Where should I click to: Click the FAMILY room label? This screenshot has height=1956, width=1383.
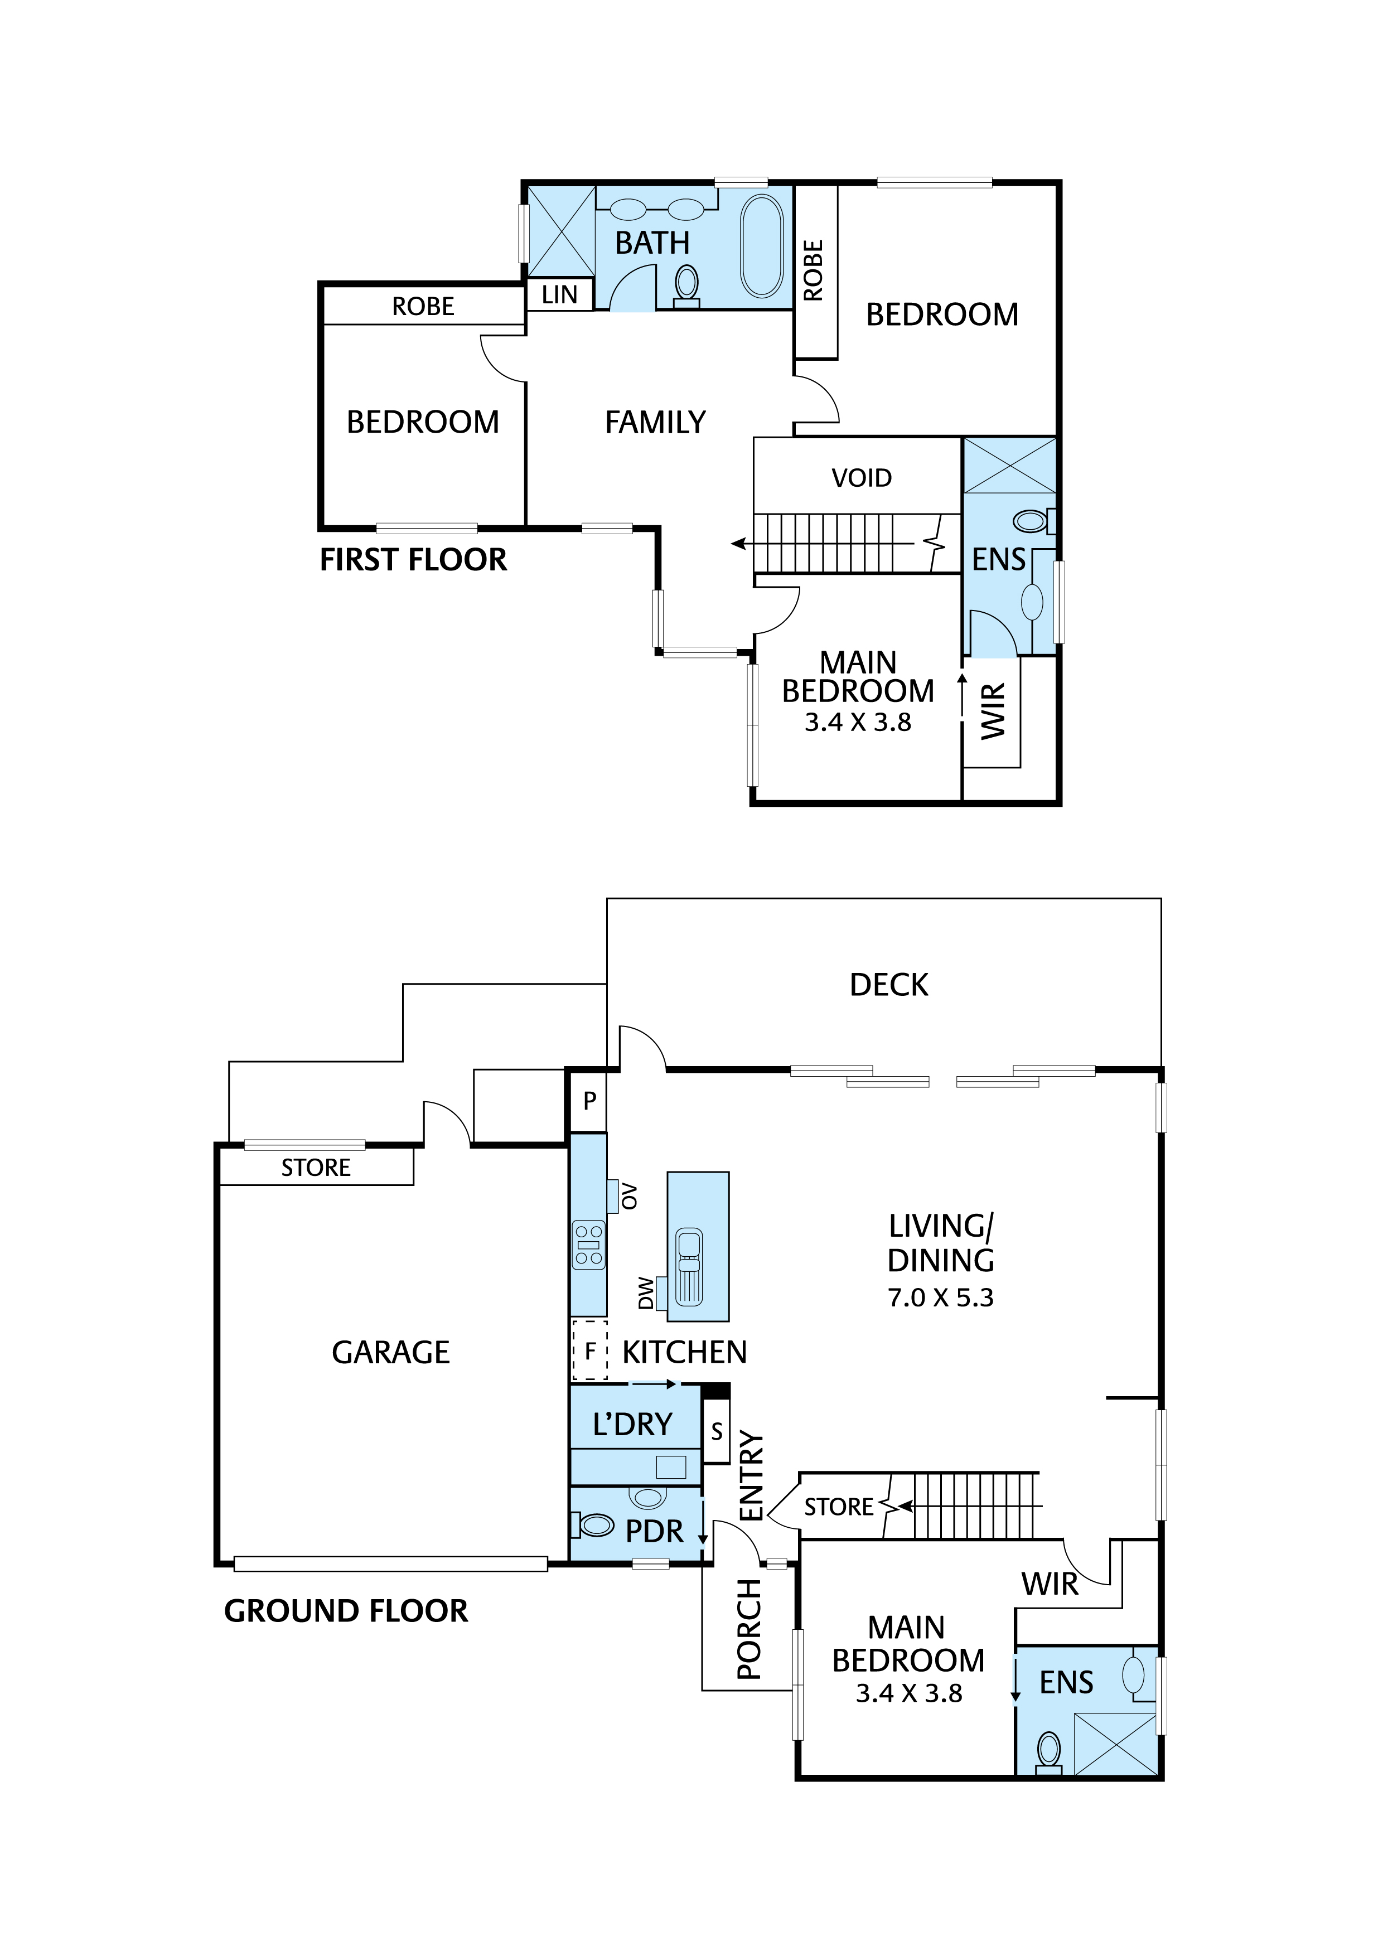(655, 423)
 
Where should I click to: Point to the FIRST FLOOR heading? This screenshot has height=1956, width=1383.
(413, 560)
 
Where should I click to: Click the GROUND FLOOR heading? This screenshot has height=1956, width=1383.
(345, 1611)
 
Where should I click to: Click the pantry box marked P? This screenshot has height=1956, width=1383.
(589, 1101)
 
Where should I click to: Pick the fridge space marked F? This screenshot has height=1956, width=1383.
(589, 1352)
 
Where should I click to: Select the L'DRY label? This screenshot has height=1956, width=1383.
(632, 1425)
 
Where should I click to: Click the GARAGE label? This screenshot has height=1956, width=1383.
(390, 1352)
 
